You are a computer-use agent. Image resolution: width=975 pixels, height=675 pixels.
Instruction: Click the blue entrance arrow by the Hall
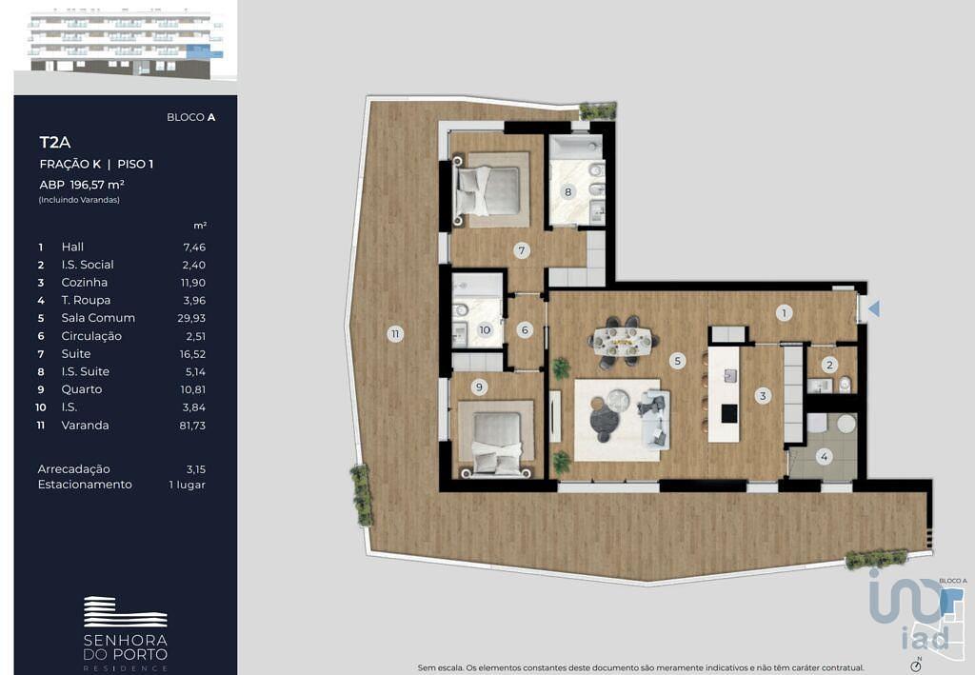[874, 308]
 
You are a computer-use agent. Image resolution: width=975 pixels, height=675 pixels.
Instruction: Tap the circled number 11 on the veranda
[395, 334]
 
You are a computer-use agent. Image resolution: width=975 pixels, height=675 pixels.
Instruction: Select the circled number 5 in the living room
[678, 360]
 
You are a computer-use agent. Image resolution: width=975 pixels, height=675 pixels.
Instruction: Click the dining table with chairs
[624, 340]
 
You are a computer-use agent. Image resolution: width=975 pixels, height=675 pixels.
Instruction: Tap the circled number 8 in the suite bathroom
[567, 192]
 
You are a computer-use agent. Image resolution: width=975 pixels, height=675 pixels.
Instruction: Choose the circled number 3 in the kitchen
[763, 395]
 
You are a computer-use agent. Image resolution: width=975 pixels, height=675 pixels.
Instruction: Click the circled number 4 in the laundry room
[824, 457]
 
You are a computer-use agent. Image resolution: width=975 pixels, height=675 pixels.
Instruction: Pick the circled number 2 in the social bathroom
[829, 365]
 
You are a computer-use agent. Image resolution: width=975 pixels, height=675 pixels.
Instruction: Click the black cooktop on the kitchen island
[728, 412]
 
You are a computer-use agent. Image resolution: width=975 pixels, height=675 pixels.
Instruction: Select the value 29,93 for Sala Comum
[190, 318]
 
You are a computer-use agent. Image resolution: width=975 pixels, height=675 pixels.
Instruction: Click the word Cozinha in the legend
[85, 282]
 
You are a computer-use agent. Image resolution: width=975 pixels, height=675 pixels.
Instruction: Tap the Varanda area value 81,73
[192, 426]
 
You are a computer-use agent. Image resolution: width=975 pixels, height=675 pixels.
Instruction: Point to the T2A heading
[54, 143]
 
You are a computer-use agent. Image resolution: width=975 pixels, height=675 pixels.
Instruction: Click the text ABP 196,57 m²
[82, 185]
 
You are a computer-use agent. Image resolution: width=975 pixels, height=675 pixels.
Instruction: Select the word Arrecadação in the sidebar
[73, 469]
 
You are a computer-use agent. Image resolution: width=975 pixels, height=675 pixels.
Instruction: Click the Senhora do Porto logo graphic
[126, 611]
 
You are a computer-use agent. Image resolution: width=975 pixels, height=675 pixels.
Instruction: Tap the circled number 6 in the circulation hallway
[525, 330]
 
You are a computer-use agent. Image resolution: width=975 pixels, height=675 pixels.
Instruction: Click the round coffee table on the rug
[619, 399]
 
